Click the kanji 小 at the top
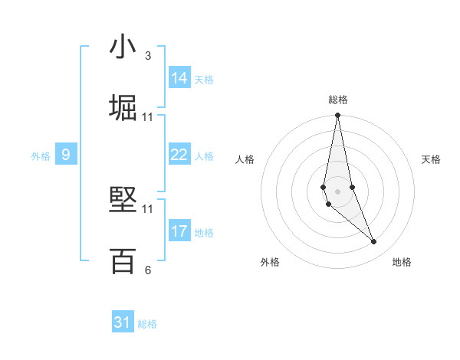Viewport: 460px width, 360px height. coord(123,47)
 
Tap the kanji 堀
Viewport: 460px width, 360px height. coord(123,107)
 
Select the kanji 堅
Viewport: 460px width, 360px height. coord(123,201)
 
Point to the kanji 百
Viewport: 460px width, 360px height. coord(123,261)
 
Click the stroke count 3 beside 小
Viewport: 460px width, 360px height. coord(148,56)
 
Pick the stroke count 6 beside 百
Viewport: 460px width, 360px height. coord(148,270)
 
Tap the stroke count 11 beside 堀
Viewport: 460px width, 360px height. coord(148,117)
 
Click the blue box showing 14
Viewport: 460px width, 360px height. coord(179,77)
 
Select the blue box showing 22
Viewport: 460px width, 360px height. coord(179,155)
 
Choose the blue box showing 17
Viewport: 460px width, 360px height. coord(179,231)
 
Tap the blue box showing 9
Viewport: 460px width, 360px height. coord(66,155)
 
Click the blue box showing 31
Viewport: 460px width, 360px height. coord(123,322)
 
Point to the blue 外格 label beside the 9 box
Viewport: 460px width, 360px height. coord(41,156)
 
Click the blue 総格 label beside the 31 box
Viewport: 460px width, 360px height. coord(147,324)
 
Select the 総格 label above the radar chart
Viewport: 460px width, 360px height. coord(338,100)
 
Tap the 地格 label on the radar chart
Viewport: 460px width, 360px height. coord(402,263)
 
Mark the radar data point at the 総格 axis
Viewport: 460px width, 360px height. coord(338,116)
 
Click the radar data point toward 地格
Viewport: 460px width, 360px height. coord(374,242)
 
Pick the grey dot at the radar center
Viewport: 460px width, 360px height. coord(338,190)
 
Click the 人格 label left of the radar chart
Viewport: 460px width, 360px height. coord(245,159)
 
